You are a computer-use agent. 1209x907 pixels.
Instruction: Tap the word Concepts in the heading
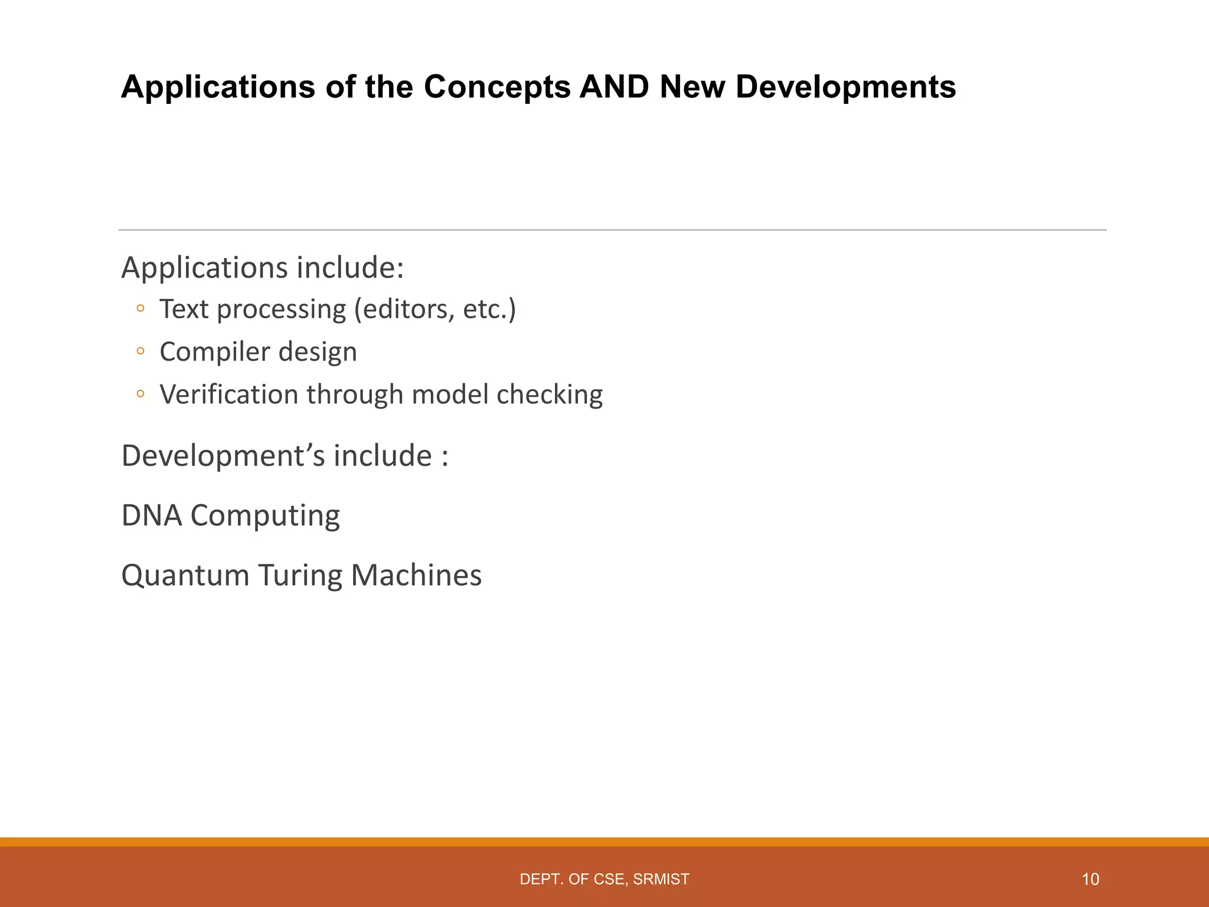click(x=497, y=87)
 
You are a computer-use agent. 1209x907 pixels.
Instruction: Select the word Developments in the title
click(x=845, y=87)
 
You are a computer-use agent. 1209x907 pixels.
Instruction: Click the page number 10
click(x=1090, y=879)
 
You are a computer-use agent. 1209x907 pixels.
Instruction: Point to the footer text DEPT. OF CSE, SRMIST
click(x=604, y=879)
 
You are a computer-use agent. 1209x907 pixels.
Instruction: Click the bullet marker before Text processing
click(x=140, y=308)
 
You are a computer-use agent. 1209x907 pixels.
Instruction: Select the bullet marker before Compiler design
click(x=140, y=351)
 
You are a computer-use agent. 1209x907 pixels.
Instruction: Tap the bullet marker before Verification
click(x=140, y=394)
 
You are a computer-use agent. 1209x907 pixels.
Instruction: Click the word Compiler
click(x=214, y=353)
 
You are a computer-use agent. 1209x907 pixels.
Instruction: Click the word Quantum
click(x=185, y=575)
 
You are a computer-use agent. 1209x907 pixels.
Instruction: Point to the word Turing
click(x=300, y=575)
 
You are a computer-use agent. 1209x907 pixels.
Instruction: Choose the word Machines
click(x=416, y=575)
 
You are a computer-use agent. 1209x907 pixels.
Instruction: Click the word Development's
click(x=223, y=456)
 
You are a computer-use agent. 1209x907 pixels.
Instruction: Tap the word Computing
click(x=265, y=516)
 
